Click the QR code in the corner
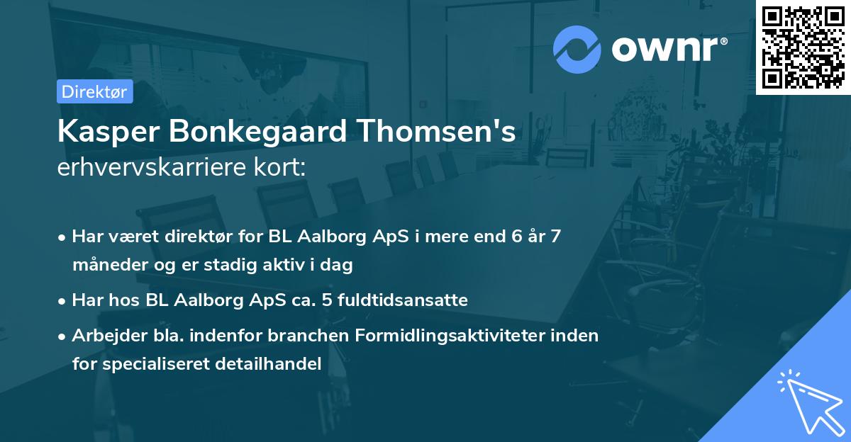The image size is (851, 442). coord(803,47)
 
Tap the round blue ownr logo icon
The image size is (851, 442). coord(577,48)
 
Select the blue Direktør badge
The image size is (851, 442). coord(95,91)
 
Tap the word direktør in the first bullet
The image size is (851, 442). coord(203,237)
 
